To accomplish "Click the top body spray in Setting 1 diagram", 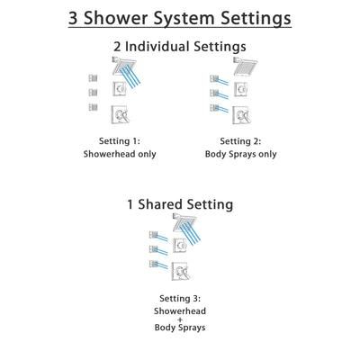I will tap(93, 77).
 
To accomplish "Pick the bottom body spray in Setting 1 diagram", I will tap(93, 108).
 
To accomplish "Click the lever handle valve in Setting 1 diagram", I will tap(120, 114).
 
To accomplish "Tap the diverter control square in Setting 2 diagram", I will tap(241, 88).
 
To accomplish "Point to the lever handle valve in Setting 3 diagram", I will tap(183, 270).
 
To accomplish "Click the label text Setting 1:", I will tap(120, 139).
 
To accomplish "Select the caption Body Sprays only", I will tap(240, 154).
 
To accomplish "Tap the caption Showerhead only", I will tap(120, 154).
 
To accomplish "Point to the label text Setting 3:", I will tap(180, 299).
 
